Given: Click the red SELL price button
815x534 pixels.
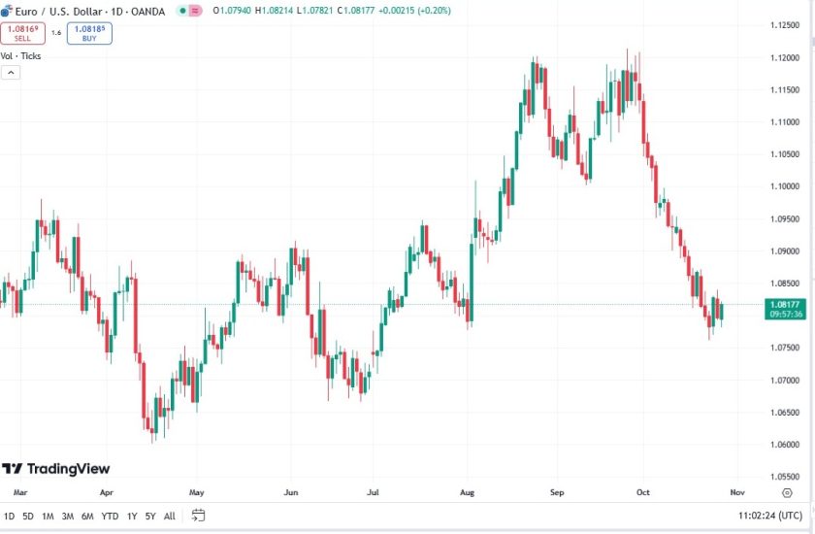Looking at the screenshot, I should pyautogui.click(x=22, y=33).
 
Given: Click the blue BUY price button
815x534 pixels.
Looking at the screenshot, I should pyautogui.click(x=89, y=33).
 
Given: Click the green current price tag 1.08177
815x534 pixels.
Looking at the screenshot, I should pyautogui.click(x=783, y=309).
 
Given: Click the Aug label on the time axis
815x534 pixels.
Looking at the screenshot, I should pyautogui.click(x=467, y=492).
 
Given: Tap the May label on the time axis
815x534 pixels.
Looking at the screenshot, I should pyautogui.click(x=196, y=492).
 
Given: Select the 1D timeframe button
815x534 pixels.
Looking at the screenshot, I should pyautogui.click(x=10, y=516).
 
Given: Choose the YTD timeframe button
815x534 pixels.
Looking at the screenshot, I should pyautogui.click(x=109, y=516).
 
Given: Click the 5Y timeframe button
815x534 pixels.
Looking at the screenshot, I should pyautogui.click(x=150, y=516).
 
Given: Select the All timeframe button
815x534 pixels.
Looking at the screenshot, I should pyautogui.click(x=170, y=516).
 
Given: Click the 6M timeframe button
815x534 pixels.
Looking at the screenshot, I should pyautogui.click(x=87, y=516).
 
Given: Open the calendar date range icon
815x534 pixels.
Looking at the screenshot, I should pyautogui.click(x=198, y=516).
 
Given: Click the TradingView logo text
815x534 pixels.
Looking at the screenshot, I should pyautogui.click(x=56, y=469).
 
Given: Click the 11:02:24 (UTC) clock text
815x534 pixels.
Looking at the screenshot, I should pyautogui.click(x=769, y=516).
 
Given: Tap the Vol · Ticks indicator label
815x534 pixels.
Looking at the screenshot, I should pyautogui.click(x=20, y=56).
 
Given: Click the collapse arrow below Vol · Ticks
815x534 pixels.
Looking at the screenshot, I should pyautogui.click(x=10, y=72).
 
